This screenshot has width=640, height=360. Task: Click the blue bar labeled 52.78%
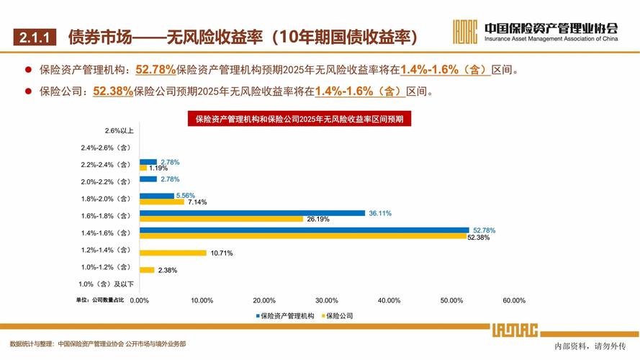(304, 230)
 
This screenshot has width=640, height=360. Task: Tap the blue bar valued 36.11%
(252, 212)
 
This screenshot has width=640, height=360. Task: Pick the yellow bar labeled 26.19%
(221, 219)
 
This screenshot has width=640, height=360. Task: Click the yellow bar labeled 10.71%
(173, 253)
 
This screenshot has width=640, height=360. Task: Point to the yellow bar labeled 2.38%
(147, 270)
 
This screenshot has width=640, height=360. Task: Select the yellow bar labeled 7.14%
(161, 202)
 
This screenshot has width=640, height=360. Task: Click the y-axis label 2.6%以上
(118, 130)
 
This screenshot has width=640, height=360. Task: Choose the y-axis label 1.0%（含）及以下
(107, 286)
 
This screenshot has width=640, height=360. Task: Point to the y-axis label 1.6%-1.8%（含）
(107, 215)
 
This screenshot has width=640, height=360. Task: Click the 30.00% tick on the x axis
(327, 300)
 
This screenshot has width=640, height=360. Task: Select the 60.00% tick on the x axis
(514, 300)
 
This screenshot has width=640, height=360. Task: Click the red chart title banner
(299, 119)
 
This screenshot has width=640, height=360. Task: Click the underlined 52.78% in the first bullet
(156, 70)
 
